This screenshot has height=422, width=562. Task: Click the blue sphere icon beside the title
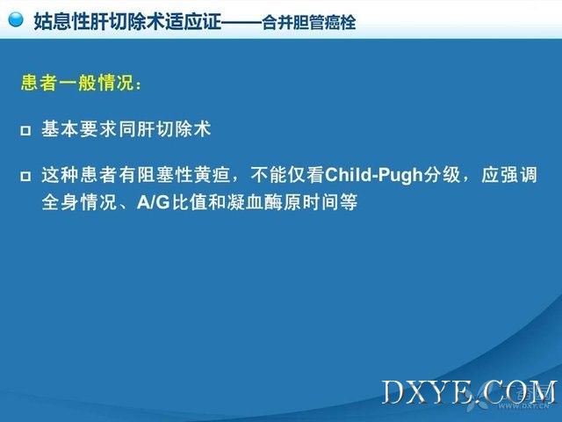(x=16, y=19)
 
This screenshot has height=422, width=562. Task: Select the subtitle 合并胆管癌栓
(x=308, y=23)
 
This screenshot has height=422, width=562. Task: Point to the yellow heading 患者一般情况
(x=77, y=83)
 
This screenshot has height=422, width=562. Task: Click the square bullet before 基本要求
(x=25, y=130)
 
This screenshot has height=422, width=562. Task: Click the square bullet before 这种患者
(x=25, y=176)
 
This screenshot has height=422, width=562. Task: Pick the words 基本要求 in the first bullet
(x=79, y=129)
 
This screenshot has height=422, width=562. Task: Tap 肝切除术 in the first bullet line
(x=174, y=129)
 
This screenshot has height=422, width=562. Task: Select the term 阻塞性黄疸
(x=184, y=175)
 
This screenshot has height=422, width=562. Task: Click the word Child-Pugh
(x=374, y=175)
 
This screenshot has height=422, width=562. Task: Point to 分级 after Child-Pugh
(x=442, y=175)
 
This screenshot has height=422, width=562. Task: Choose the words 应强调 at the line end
(x=509, y=175)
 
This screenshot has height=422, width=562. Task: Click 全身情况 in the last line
(x=79, y=202)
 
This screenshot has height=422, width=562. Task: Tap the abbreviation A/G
(x=154, y=202)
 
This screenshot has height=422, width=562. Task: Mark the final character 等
(x=349, y=202)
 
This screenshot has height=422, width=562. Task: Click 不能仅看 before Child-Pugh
(x=287, y=175)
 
